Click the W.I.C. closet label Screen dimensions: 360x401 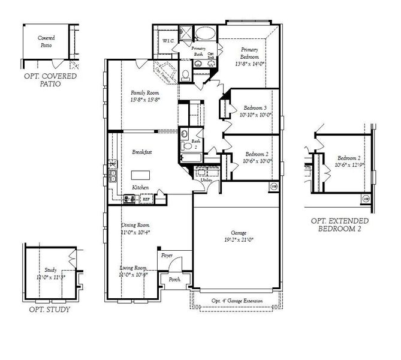pos(168,41)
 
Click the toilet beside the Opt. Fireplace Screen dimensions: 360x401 pos(186,75)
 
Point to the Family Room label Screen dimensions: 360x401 pos(144,93)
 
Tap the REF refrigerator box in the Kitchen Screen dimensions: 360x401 pos(146,197)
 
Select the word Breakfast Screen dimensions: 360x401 pos(141,152)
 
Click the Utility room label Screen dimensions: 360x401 pos(207,179)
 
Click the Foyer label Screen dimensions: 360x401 pos(167,256)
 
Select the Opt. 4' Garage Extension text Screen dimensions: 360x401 pos(236,301)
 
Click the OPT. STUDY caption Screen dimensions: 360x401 pos(50,310)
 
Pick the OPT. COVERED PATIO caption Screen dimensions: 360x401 pos(50,80)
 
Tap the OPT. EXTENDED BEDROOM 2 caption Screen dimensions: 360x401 pos(339,225)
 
